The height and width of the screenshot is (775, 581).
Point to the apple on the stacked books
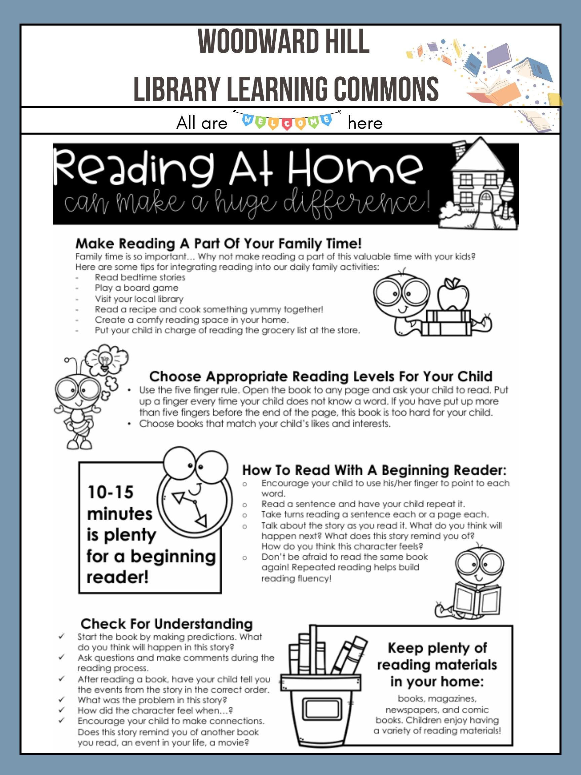[453, 293]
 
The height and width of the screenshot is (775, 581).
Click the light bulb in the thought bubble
[105, 360]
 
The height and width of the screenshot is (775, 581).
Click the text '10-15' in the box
[110, 492]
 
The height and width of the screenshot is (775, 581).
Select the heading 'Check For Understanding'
[167, 624]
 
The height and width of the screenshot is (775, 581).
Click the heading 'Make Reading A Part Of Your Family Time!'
[219, 243]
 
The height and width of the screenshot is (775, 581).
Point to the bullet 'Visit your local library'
[139, 299]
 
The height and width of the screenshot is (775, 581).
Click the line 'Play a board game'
[137, 288]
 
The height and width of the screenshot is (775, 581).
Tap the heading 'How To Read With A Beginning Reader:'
[374, 470]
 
